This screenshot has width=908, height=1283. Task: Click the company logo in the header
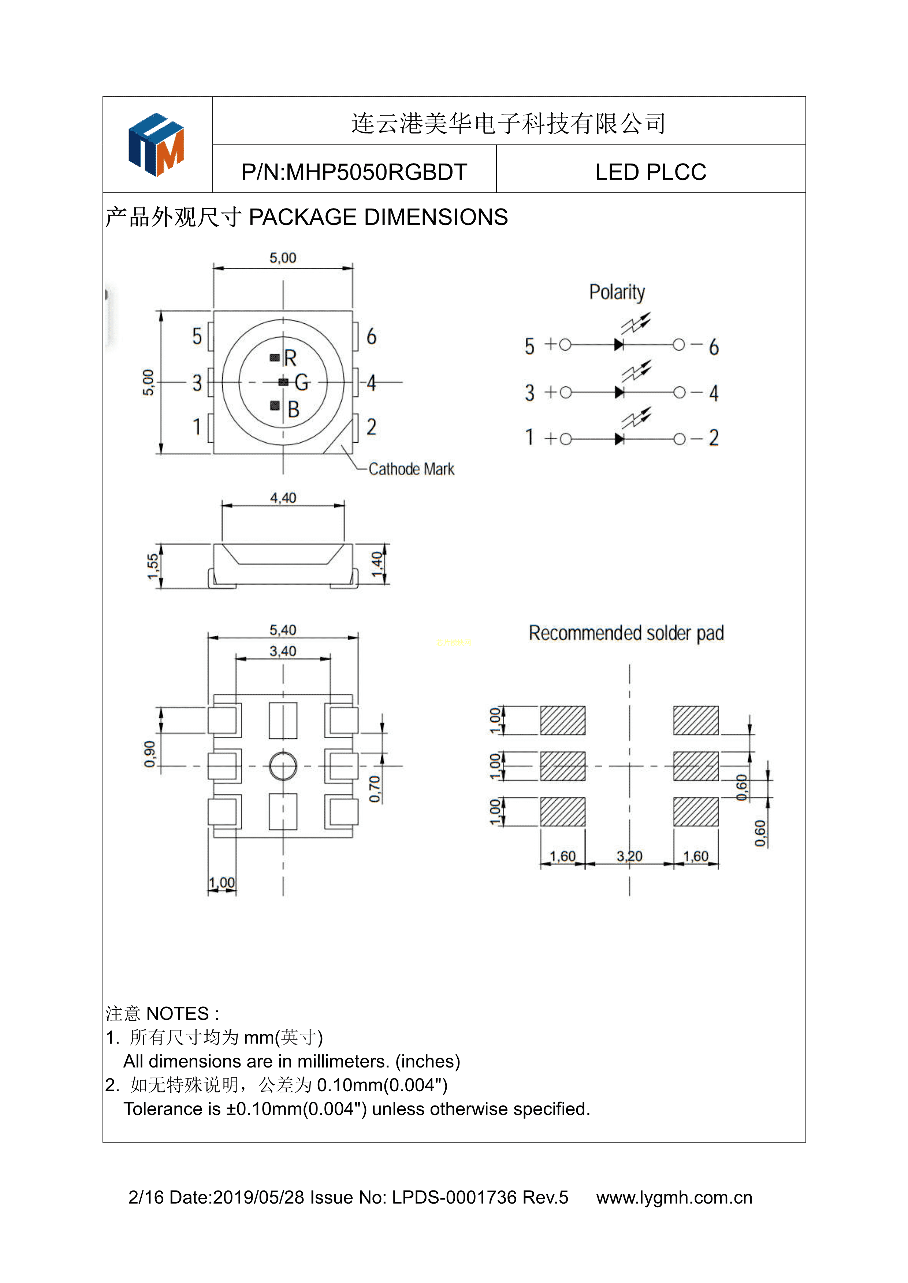point(157,145)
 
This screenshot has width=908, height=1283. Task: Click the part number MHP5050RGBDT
point(354,172)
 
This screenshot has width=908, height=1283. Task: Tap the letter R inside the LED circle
point(290,358)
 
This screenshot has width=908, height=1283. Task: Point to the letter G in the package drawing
point(301,383)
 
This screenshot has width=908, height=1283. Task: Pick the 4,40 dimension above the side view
point(283,498)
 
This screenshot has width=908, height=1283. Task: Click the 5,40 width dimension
point(283,630)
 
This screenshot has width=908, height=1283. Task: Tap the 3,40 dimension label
point(283,652)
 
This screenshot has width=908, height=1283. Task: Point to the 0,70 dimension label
point(375,789)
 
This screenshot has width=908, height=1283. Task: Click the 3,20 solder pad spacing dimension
point(630,856)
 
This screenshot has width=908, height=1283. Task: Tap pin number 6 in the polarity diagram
point(714,348)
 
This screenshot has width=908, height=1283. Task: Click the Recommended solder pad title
point(626,634)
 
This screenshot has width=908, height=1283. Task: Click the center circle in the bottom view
point(283,766)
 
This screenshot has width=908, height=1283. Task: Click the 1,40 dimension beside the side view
point(377,564)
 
